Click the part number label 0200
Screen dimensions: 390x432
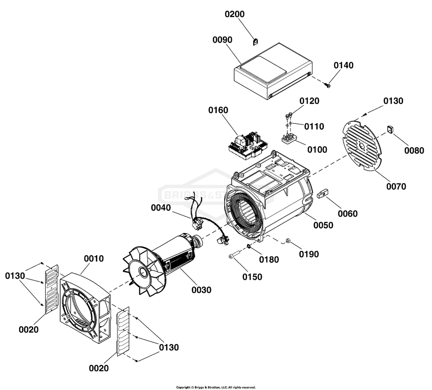click(x=235, y=14)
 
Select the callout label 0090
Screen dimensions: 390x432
click(x=222, y=40)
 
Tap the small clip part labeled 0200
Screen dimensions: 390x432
click(x=255, y=41)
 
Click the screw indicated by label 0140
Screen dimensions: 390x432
click(x=327, y=86)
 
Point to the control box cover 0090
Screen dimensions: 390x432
click(x=272, y=73)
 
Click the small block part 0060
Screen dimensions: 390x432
click(x=321, y=193)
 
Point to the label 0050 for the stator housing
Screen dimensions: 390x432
click(x=323, y=225)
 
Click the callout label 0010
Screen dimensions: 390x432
click(x=94, y=259)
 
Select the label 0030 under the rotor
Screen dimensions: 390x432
click(x=201, y=290)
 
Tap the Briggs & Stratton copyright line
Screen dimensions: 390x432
click(x=216, y=387)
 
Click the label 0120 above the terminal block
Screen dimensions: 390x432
click(x=309, y=101)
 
